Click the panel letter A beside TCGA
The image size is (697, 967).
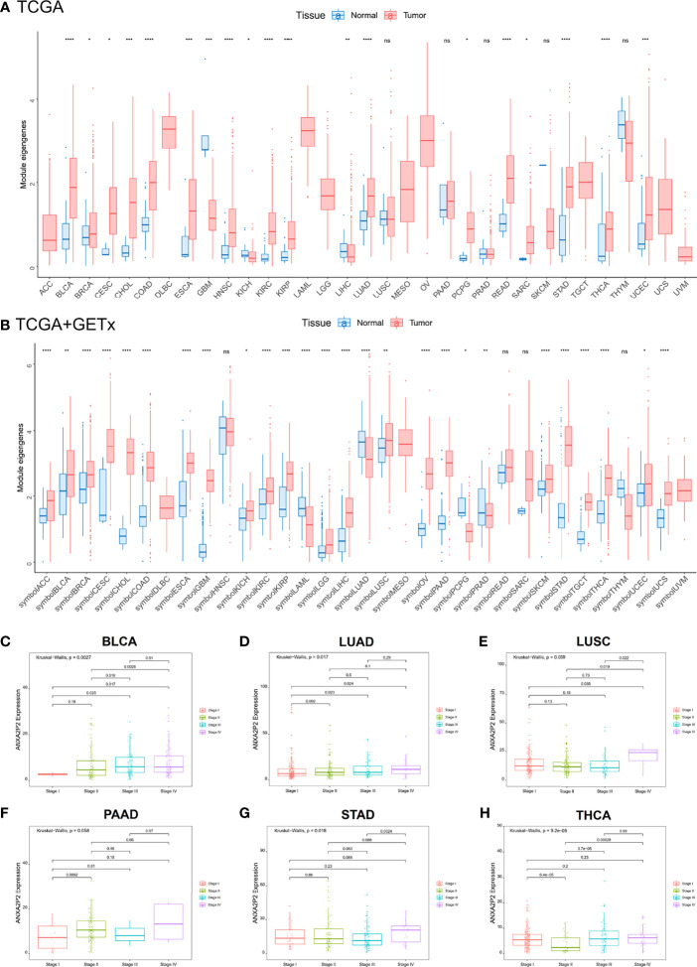click(8, 9)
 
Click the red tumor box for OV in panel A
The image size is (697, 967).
click(427, 140)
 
